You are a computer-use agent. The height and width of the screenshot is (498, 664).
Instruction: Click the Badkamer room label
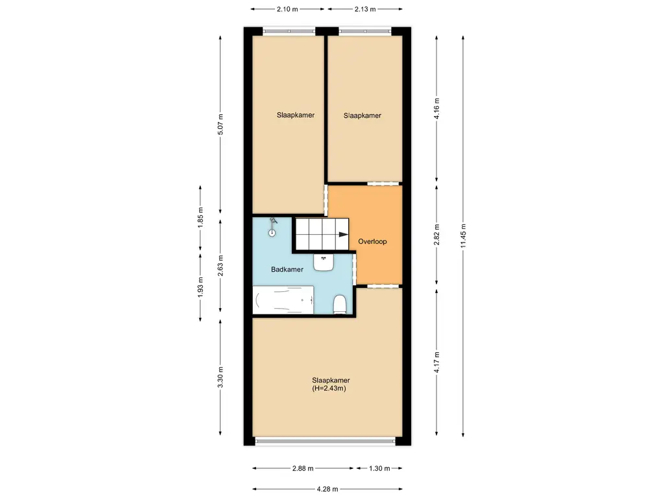287,269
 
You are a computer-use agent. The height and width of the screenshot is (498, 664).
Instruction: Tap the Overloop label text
372,241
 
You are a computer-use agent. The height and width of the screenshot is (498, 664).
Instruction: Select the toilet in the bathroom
339,304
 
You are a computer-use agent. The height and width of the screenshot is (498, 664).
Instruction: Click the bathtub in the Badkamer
284,300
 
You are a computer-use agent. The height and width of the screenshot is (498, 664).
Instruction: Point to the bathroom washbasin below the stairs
324,261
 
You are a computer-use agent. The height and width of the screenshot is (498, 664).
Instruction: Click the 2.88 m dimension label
302,468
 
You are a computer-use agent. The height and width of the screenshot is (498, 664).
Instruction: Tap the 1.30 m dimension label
379,468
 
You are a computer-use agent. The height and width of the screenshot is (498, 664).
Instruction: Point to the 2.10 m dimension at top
287,9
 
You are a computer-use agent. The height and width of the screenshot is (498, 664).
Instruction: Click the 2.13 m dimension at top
364,9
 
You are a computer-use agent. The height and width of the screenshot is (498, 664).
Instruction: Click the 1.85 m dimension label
200,215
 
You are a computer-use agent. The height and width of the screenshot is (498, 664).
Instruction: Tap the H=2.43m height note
331,389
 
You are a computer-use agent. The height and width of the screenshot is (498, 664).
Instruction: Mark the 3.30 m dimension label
221,381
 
